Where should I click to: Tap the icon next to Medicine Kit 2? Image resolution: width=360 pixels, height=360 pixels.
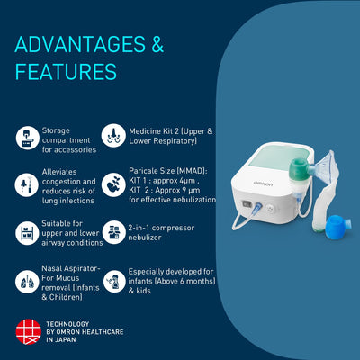(x=114, y=137)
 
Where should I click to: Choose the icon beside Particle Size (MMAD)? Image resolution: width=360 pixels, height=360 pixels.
(x=114, y=184)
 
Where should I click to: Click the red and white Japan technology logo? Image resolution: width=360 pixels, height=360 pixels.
(x=28, y=331)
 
